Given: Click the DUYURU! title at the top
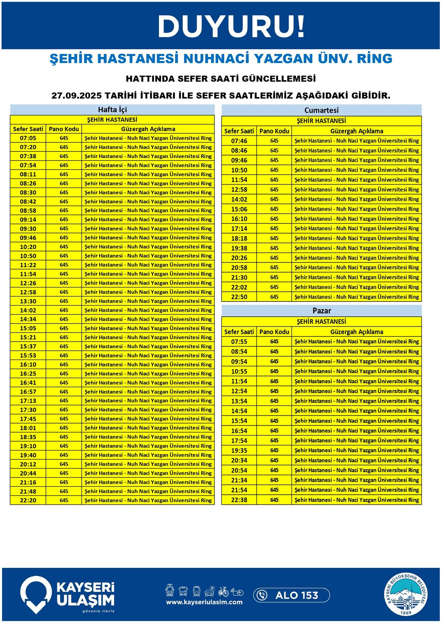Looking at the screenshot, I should coord(231,26).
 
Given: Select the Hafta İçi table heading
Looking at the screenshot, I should coord(112,110).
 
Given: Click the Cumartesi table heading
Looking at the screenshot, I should coord(321,110).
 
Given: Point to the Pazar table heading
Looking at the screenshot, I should coord(322,311).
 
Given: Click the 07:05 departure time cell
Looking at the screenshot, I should coord(28,138).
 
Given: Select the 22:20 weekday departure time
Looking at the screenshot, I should coord(28,500).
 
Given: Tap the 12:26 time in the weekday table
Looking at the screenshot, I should coord(28,283).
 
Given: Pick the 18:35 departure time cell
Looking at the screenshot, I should coord(28,437).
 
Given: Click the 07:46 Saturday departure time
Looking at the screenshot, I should coord(239,141).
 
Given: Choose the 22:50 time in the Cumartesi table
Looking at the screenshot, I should coord(239,297).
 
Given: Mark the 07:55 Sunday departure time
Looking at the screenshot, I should coord(239,342).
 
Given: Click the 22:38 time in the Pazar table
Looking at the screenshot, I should coord(239,500).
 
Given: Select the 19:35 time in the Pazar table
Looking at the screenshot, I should coord(239,451).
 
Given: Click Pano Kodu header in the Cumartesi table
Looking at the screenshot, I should coord(274,131).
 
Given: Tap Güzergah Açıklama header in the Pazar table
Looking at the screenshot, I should coord(357,332).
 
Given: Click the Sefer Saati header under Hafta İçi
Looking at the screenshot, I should coord(28,129).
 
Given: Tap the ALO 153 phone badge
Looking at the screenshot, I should coord(291,595).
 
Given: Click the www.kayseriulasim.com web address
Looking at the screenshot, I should coord(204,602).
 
